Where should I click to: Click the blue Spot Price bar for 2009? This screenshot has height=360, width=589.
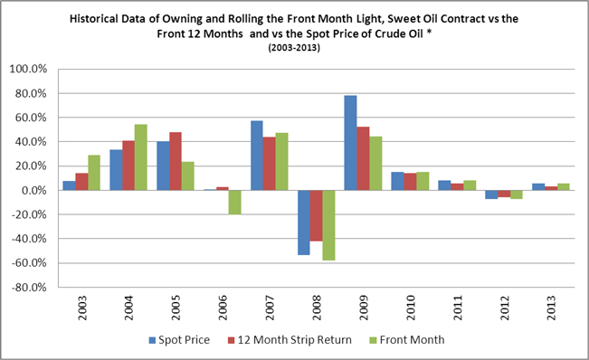[x=351, y=143]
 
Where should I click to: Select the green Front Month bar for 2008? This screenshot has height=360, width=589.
[x=328, y=225]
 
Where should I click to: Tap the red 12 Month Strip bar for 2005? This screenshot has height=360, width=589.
[x=176, y=161]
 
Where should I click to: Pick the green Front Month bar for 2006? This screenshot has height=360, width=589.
[x=234, y=203]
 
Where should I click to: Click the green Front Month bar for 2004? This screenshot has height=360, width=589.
[x=141, y=157]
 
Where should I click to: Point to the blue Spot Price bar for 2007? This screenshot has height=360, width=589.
[x=257, y=156]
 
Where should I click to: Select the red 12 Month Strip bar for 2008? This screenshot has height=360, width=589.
[x=317, y=216]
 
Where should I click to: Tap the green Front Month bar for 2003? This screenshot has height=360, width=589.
[x=94, y=173]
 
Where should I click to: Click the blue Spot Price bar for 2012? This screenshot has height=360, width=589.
[x=491, y=194]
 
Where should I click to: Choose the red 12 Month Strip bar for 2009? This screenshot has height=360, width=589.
[x=363, y=158]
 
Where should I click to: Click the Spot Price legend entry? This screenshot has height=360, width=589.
[x=179, y=340]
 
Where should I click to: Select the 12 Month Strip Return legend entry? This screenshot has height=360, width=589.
[x=290, y=340]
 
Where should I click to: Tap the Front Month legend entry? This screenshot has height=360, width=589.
[x=407, y=340]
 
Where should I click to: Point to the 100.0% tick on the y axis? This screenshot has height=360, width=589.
[x=29, y=69]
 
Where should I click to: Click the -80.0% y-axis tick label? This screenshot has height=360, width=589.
[x=29, y=288]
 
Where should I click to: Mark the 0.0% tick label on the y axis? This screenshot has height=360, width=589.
[x=33, y=190]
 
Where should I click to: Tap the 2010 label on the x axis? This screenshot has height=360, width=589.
[x=410, y=308]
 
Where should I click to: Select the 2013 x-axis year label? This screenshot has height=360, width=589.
[x=551, y=308]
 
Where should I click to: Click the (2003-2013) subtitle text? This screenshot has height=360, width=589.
[x=294, y=48]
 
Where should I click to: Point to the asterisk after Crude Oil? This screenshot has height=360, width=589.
[x=429, y=33]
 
